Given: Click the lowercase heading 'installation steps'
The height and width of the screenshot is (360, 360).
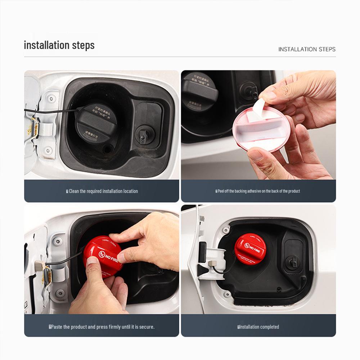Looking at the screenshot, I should pos(59,45).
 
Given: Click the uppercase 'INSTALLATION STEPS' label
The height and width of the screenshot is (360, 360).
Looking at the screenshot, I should pos(307,49).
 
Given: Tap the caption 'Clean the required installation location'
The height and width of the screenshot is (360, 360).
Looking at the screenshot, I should pos(103,191).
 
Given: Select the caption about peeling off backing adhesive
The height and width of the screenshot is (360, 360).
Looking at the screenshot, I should pos(258,191).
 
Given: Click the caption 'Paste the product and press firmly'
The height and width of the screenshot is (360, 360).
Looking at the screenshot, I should pos(102,327).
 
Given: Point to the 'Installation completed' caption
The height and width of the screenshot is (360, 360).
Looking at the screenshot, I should pos(259,327).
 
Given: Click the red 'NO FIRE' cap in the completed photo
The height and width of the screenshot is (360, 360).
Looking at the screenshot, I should pos(250,249).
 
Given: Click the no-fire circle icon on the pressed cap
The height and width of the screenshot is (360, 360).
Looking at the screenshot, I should pos(102,254).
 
